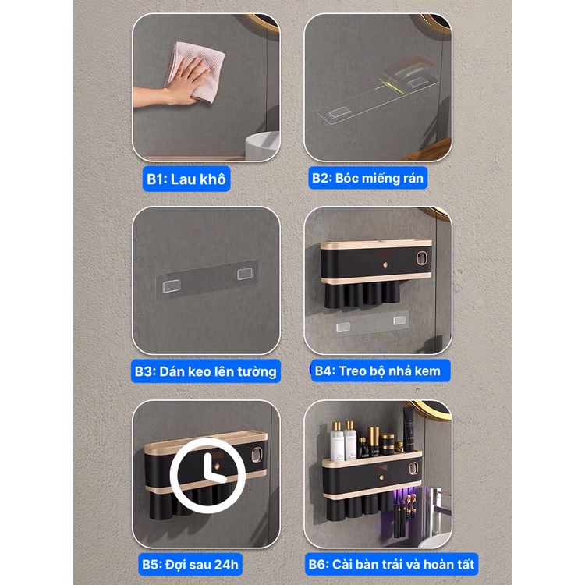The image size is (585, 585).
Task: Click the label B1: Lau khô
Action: [x=186, y=179]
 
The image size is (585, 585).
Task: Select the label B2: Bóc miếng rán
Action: [x=367, y=178]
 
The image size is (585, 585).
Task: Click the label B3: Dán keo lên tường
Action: [x=206, y=371]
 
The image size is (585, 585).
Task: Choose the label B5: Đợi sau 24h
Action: [x=190, y=564]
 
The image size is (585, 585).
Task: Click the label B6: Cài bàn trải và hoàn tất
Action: [x=392, y=564]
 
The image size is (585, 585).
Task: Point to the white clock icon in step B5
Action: [x=207, y=475]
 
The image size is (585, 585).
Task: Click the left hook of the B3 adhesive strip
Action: [x=172, y=286]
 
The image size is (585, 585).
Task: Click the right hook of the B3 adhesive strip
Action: [x=246, y=275]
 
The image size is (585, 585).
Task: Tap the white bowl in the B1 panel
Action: [x=263, y=146]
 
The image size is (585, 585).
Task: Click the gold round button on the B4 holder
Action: [x=385, y=265]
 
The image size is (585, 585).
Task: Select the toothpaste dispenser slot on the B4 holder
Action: [x=421, y=258]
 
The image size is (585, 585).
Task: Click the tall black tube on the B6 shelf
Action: [x=409, y=429]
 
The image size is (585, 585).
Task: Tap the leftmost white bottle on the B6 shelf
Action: [x=337, y=441]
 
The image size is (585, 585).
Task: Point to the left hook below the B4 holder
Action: [x=343, y=327]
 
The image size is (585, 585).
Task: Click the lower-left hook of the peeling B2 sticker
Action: [x=339, y=113]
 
